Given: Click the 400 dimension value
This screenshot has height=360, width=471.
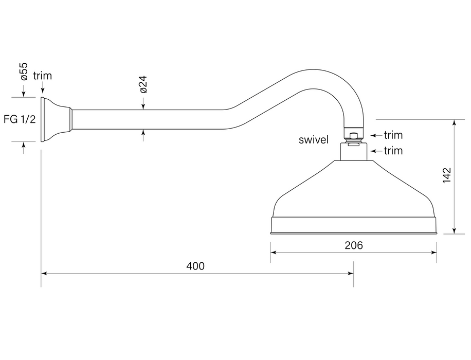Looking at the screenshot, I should [195, 266].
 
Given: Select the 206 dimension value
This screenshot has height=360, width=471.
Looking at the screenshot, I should [354, 245].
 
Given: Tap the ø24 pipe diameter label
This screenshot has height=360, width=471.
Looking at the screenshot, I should [143, 84].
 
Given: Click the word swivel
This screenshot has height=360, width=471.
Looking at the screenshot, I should [313, 140].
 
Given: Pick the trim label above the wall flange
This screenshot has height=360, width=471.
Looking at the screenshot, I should [42, 76].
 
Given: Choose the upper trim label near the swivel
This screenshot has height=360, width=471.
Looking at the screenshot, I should [393, 135].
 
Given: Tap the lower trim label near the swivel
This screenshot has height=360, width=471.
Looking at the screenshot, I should [393, 151].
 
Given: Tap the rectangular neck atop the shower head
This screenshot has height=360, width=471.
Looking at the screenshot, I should [353, 153].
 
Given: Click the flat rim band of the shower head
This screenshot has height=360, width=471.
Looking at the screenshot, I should [353, 225].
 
